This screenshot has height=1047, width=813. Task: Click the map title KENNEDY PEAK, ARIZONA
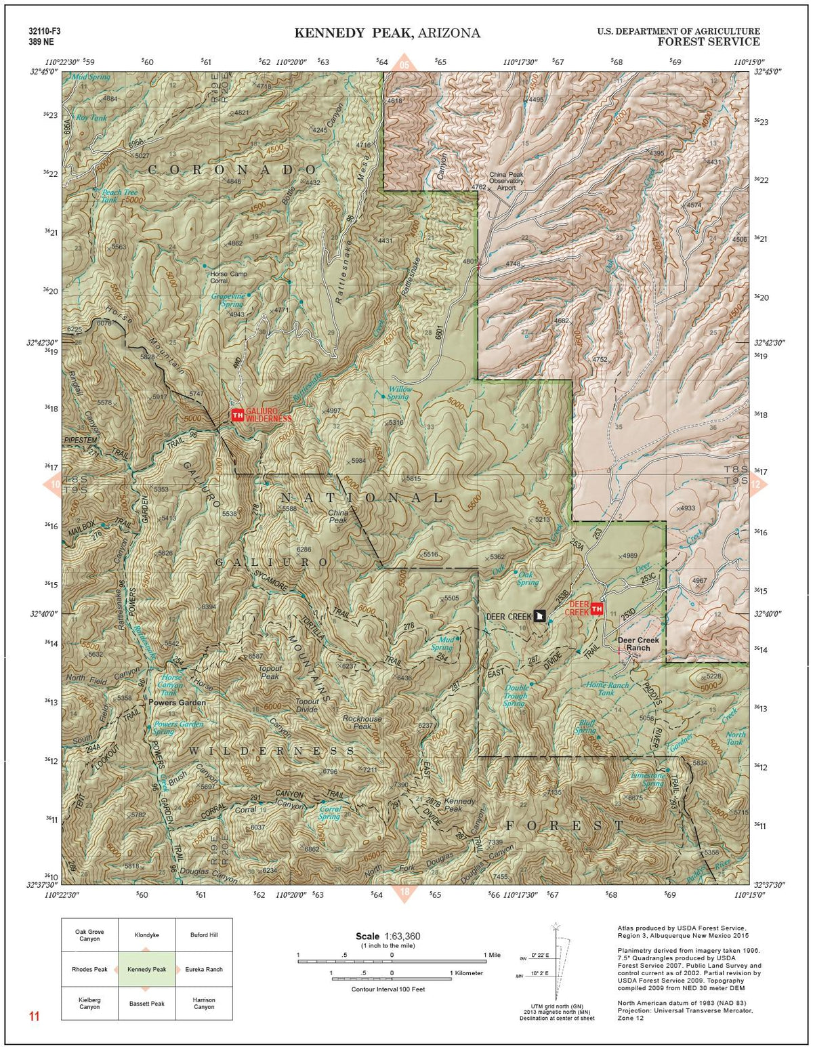tap(387, 33)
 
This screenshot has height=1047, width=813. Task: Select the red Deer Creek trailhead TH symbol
tap(597, 609)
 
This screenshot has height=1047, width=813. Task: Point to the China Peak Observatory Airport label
tap(506, 181)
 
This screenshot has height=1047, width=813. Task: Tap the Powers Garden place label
tap(177, 703)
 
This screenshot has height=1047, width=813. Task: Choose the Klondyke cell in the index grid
tap(147, 935)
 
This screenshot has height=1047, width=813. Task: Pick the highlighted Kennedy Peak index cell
tap(147, 969)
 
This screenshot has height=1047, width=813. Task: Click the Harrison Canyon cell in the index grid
tap(204, 1003)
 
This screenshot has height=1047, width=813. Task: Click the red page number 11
tap(35, 1017)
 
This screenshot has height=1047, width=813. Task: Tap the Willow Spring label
tap(398, 393)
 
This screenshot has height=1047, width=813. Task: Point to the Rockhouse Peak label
tap(362, 722)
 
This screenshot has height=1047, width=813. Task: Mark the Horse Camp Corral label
tap(229, 277)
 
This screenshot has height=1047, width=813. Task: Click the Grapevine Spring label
tap(227, 300)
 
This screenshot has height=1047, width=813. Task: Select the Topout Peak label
tap(270, 672)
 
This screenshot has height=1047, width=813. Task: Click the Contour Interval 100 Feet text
tap(388, 989)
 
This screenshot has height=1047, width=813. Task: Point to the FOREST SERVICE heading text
tap(708, 42)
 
